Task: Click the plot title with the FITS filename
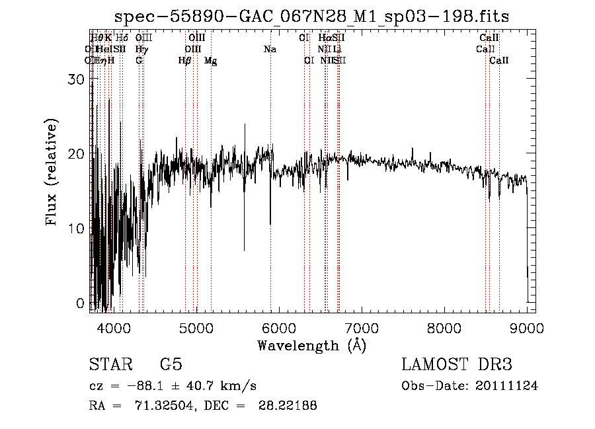pos(311,16)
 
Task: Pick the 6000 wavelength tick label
pos(279,327)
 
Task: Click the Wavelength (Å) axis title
pos(311,345)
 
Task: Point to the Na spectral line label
pos(270,50)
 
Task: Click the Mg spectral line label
pos(210,61)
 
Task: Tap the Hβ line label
pos(185,61)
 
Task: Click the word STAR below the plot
pos(109,365)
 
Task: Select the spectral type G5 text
pos(171,365)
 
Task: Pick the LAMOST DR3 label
pos(457,365)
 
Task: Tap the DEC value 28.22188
pos(288,406)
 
